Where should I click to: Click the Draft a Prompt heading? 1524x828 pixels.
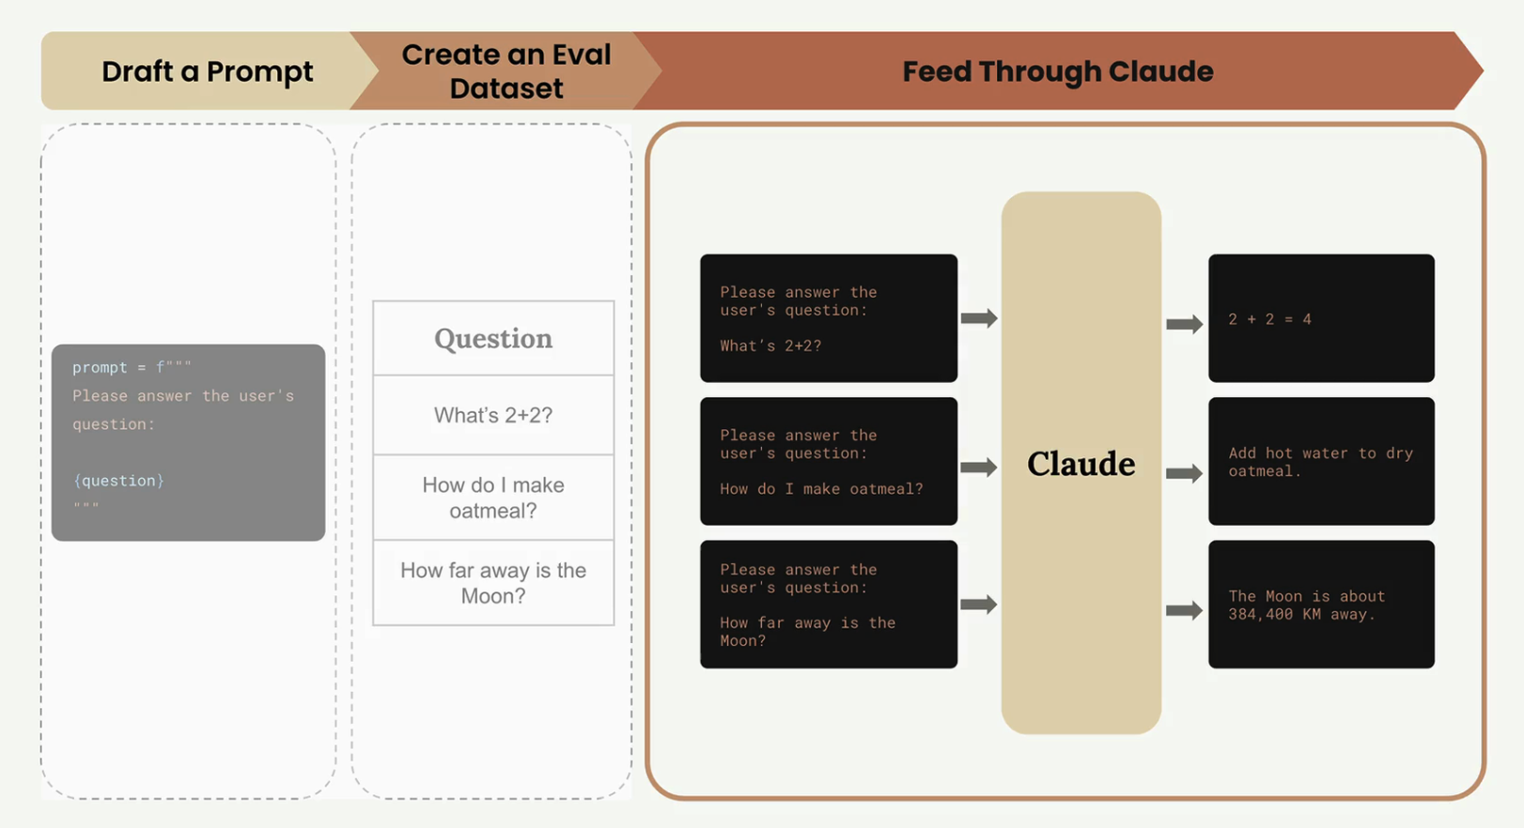[207, 71]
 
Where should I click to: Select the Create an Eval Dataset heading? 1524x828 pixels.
[505, 71]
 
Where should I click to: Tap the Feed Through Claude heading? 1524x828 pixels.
[1057, 71]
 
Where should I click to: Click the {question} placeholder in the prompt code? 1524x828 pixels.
[118, 481]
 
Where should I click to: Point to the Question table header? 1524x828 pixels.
[493, 339]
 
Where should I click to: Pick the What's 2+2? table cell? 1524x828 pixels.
[493, 415]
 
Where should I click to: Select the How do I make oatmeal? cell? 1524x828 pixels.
[493, 498]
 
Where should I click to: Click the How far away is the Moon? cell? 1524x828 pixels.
[493, 583]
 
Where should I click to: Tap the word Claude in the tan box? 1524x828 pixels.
[1081, 464]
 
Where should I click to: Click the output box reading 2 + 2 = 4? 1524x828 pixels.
[1320, 318]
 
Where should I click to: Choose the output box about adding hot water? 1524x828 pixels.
[1320, 462]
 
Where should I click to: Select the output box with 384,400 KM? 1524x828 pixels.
[1320, 605]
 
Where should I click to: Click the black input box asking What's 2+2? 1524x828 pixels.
[828, 318]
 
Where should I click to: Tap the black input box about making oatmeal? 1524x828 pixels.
[828, 461]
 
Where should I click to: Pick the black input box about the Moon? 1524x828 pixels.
[828, 605]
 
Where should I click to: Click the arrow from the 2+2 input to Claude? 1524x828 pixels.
[979, 318]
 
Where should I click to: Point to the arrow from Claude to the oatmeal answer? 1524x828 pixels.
[1184, 472]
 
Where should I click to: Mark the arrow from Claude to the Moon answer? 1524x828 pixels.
[1184, 610]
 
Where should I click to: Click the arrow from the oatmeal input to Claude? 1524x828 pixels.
[979, 467]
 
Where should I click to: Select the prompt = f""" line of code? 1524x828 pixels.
[132, 367]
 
